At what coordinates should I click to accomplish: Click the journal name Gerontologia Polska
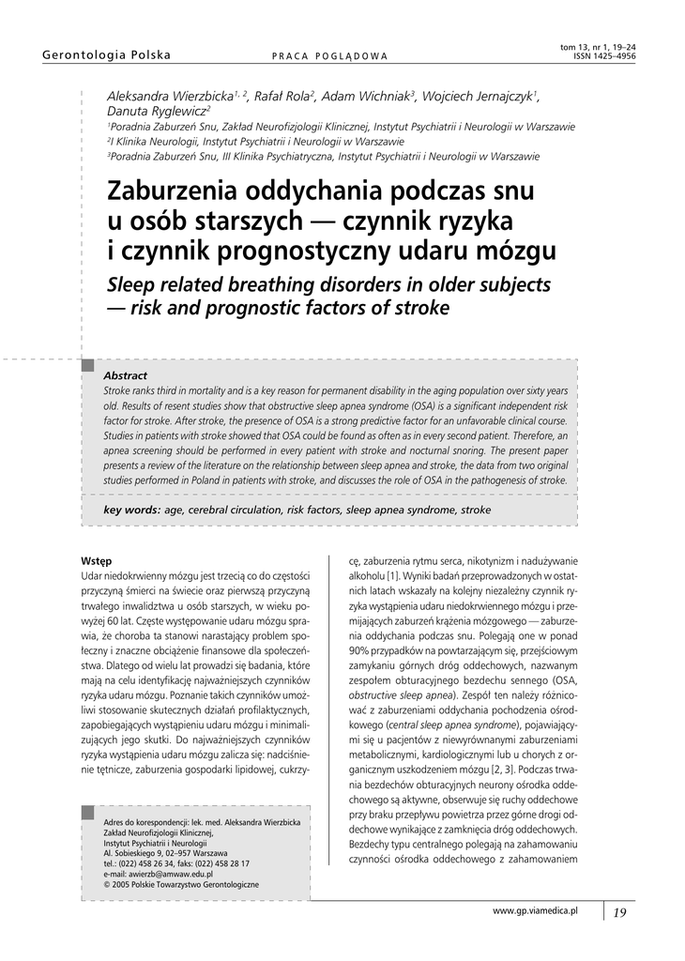tap(107, 55)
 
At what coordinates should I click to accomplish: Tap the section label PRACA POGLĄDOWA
tap(329, 56)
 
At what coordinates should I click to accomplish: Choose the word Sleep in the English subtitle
tap(138, 284)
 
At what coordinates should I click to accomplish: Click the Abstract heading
tap(125, 375)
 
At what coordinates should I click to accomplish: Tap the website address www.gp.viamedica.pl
tap(535, 910)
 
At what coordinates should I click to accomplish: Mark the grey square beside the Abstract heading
tap(88, 364)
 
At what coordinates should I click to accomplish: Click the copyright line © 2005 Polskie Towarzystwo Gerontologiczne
tap(181, 884)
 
